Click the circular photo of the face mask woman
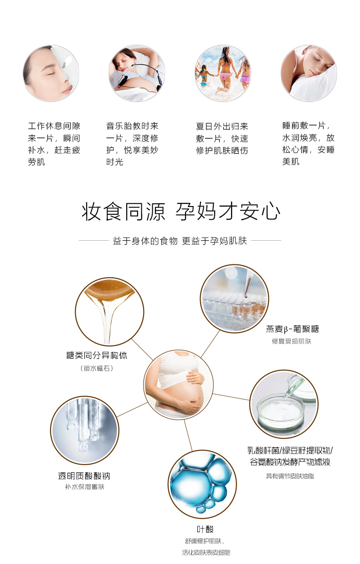(x=51, y=73)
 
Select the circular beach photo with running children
(x=223, y=73)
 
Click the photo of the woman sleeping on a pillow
(x=309, y=73)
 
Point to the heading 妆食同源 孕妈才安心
(x=180, y=212)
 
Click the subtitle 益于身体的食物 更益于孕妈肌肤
(x=180, y=241)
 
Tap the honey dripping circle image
(x=109, y=311)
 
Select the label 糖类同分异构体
(x=97, y=355)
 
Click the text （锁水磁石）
(x=97, y=368)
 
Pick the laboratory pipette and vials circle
(x=235, y=299)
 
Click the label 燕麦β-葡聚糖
(x=292, y=329)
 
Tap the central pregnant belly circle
(x=179, y=385)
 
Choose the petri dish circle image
(x=284, y=404)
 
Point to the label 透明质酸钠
(x=84, y=476)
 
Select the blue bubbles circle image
(x=202, y=484)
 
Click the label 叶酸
(x=205, y=529)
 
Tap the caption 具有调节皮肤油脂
(x=290, y=476)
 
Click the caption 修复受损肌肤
(x=292, y=341)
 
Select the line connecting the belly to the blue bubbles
(x=188, y=435)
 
